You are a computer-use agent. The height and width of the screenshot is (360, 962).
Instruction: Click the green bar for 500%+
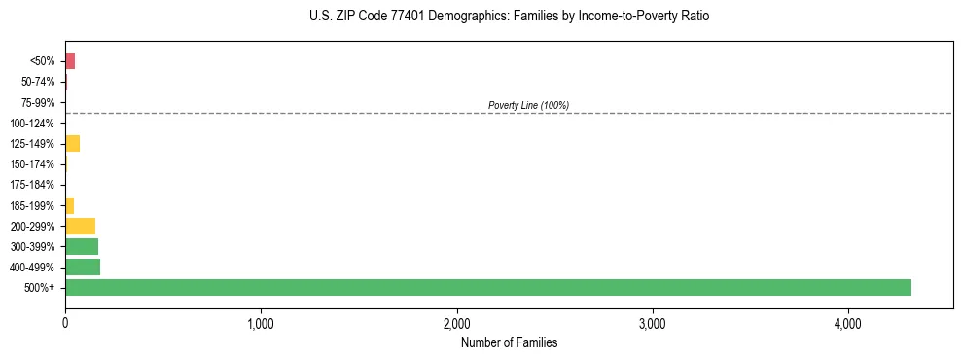(487, 287)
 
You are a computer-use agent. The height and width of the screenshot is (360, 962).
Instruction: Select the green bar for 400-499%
(83, 267)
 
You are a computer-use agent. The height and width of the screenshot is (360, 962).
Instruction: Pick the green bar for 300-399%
(82, 246)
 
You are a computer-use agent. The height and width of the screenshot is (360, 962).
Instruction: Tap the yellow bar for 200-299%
(80, 226)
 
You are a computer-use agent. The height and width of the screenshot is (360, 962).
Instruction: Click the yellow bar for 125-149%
(72, 144)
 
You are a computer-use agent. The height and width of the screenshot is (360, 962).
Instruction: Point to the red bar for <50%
(70, 61)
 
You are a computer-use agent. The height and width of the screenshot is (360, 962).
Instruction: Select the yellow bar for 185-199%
(69, 205)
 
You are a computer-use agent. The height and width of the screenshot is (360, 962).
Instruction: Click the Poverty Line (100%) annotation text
(528, 105)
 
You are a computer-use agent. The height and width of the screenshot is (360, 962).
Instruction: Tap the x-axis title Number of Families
(509, 342)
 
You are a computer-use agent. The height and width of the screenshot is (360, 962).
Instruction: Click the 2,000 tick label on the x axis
(456, 323)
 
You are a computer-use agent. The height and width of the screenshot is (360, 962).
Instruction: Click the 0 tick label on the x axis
(65, 323)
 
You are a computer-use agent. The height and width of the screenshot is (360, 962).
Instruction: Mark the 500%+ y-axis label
(43, 288)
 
